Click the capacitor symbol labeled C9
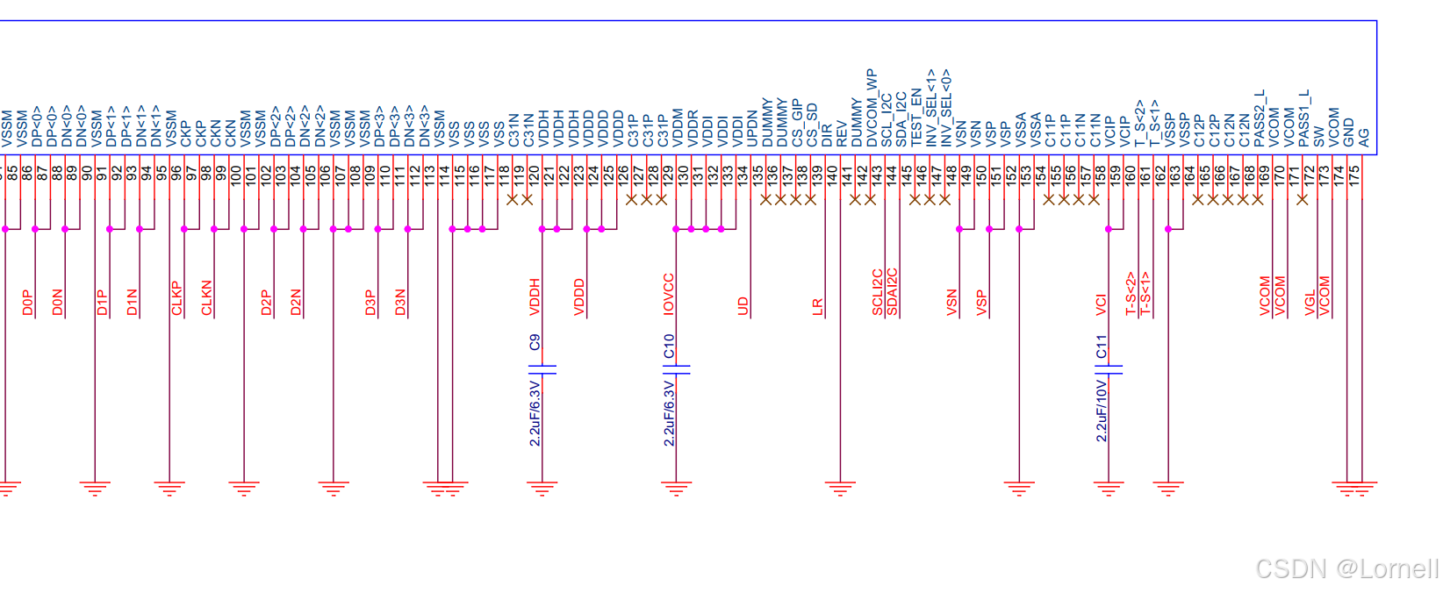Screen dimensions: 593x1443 pyautogui.click(x=542, y=369)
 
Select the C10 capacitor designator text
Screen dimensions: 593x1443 pyautogui.click(x=669, y=347)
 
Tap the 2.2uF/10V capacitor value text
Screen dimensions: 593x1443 pyautogui.click(x=1102, y=410)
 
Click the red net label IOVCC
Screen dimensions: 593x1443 pyautogui.click(x=669, y=294)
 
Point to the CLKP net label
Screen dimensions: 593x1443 pyautogui.click(x=177, y=298)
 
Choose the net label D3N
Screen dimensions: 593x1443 pyautogui.click(x=401, y=302)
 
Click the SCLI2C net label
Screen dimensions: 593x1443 pyautogui.click(x=877, y=292)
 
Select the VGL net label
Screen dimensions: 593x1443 pyautogui.click(x=1310, y=302)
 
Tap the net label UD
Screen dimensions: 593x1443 pyautogui.click(x=743, y=305)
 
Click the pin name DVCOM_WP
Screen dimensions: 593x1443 pyautogui.click(x=872, y=108)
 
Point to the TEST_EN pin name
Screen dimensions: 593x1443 pyautogui.click(x=916, y=117)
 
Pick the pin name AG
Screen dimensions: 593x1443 pyautogui.click(x=1363, y=138)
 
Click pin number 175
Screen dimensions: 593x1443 pyautogui.click(x=1354, y=173)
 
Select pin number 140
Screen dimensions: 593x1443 pyautogui.click(x=832, y=174)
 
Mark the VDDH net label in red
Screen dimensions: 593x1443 pyautogui.click(x=535, y=296)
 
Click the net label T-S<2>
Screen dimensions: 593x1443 pyautogui.click(x=1131, y=293)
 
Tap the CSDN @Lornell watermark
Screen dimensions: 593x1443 pyautogui.click(x=1346, y=568)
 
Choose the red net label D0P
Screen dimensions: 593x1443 pyautogui.click(x=28, y=303)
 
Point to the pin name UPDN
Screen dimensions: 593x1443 pyautogui.click(x=752, y=128)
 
